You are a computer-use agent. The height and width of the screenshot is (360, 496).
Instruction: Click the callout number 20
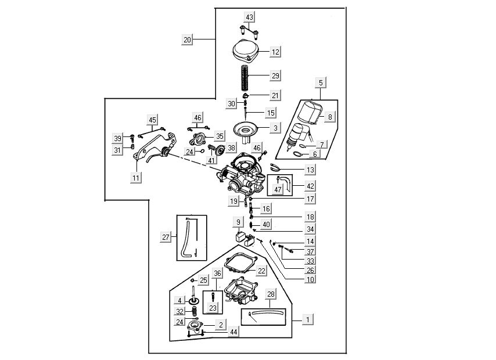[x=186, y=40]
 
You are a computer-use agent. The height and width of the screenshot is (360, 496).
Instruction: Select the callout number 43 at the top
[x=249, y=17]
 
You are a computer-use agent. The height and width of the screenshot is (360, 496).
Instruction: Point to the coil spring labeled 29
[x=247, y=76]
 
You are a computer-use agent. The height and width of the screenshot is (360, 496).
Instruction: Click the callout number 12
[x=275, y=52]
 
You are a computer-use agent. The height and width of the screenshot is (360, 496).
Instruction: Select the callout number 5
[x=321, y=82]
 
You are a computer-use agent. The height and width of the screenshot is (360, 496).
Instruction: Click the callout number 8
[x=330, y=117]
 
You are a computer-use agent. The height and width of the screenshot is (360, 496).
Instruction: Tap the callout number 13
[x=311, y=170]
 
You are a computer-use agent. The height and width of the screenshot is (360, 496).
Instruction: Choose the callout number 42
[x=311, y=186]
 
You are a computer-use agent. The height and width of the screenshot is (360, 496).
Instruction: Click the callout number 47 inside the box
[x=278, y=189]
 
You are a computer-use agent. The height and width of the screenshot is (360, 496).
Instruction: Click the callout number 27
[x=167, y=237]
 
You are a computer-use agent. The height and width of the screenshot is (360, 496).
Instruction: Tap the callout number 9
[x=238, y=222]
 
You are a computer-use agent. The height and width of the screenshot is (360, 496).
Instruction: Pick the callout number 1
[x=308, y=319]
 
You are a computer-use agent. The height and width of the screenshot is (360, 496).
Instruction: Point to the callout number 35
[x=219, y=136]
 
